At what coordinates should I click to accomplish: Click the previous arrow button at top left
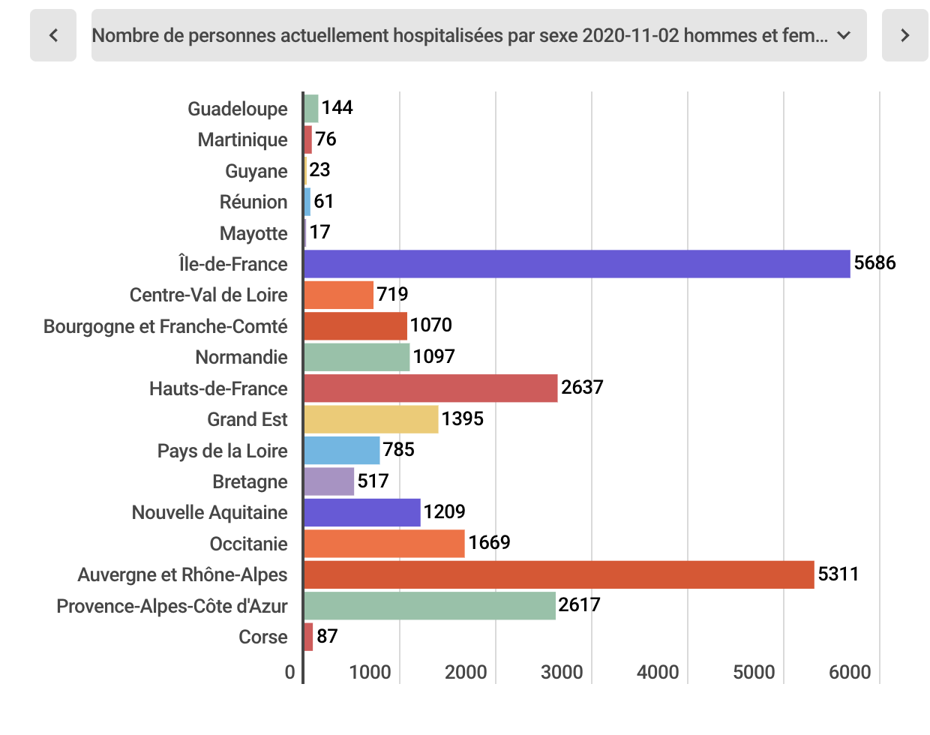click(53, 35)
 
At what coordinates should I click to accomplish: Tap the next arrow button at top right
click(904, 35)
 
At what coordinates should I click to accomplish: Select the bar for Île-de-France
click(577, 264)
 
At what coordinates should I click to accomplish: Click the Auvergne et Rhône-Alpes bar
click(559, 574)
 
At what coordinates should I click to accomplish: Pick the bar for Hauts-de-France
click(430, 388)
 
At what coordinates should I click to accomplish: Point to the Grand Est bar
click(370, 419)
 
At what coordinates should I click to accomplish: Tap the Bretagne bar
click(328, 481)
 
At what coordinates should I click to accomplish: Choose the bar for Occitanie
click(384, 544)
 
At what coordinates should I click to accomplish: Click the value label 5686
click(874, 263)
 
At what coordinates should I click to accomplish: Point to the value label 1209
click(444, 512)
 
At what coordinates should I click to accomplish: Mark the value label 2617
click(579, 605)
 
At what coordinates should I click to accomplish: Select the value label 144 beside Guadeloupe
click(337, 108)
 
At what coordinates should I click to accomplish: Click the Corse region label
click(262, 637)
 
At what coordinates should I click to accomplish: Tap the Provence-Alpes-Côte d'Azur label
click(172, 606)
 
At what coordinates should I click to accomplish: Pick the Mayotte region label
click(253, 233)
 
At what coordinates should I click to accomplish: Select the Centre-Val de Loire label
click(208, 295)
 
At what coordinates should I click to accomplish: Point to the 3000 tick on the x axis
click(561, 672)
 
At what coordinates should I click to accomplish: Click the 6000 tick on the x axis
click(849, 672)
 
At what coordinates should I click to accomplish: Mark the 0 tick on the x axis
click(290, 672)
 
